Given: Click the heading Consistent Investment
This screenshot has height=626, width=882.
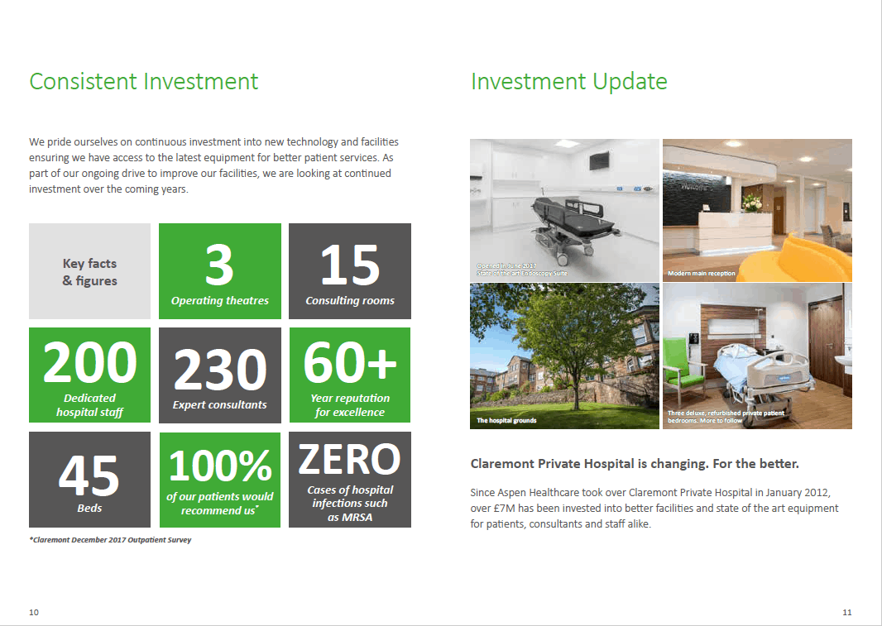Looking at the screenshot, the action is [x=143, y=82].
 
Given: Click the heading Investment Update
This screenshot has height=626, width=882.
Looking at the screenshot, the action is [x=568, y=82].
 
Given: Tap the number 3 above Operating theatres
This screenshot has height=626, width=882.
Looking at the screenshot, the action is [x=219, y=265].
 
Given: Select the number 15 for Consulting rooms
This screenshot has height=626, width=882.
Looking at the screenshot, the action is [x=350, y=265].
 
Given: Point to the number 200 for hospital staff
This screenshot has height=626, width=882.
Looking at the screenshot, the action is [x=90, y=362].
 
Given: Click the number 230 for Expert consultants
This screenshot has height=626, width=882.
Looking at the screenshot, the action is [x=220, y=369].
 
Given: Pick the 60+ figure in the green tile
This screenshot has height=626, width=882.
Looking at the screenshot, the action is [x=350, y=362].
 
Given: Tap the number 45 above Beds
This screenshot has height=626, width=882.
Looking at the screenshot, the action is [x=89, y=475].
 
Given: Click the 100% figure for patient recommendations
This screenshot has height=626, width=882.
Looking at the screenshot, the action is [x=220, y=466].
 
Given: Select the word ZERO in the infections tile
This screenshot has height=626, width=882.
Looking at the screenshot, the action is [x=349, y=460].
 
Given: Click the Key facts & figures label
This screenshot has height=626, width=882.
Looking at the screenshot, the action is [x=90, y=272].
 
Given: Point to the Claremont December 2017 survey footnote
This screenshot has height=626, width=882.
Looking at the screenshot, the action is [x=110, y=540].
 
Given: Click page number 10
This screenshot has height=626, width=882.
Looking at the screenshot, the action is [x=34, y=612].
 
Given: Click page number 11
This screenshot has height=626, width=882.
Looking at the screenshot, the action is [x=847, y=612].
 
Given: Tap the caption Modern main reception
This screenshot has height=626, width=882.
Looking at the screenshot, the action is [x=702, y=274].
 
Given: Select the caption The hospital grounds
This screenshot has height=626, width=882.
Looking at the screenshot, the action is [x=506, y=420].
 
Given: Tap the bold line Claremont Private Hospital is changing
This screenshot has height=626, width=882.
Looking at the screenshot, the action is [x=635, y=464].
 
